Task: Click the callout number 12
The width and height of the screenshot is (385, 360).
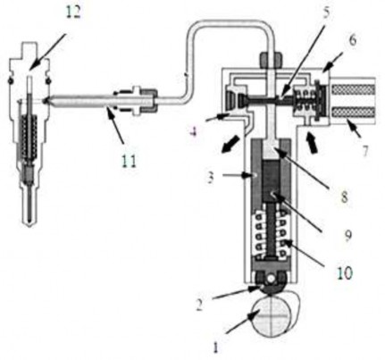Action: pos(73,13)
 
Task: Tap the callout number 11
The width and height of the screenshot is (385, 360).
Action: pos(130,161)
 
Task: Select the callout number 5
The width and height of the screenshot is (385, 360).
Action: pos(327,13)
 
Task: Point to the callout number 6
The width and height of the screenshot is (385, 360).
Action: pos(353,40)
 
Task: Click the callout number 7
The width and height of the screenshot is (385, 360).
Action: pos(364,151)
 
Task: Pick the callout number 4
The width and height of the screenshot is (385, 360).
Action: pos(194,131)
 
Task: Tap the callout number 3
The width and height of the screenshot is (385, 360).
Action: pos(211,177)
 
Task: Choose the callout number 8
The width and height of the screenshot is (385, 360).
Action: pos(344,197)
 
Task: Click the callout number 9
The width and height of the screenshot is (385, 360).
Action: pos(347,235)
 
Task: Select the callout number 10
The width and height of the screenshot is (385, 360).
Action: pos(345,272)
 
